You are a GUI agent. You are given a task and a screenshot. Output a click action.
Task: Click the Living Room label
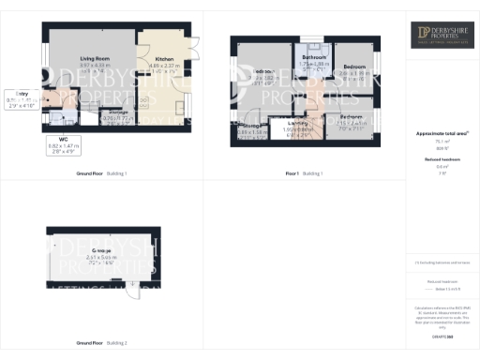[x=95, y=59]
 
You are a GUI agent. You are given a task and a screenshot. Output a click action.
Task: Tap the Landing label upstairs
[x=298, y=123]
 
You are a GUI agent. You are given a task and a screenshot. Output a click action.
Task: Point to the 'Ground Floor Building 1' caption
[x=101, y=174]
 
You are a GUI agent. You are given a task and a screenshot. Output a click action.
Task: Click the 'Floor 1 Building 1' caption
[x=303, y=174]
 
